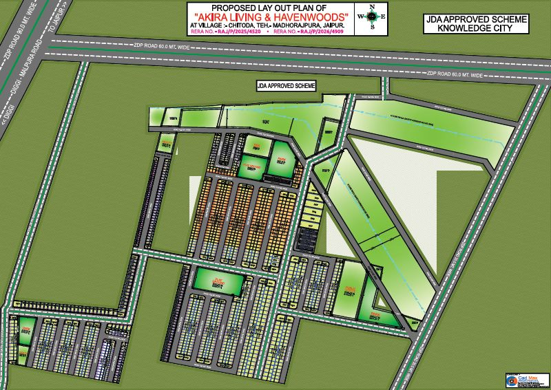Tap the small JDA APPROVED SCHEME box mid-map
point(285,85)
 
